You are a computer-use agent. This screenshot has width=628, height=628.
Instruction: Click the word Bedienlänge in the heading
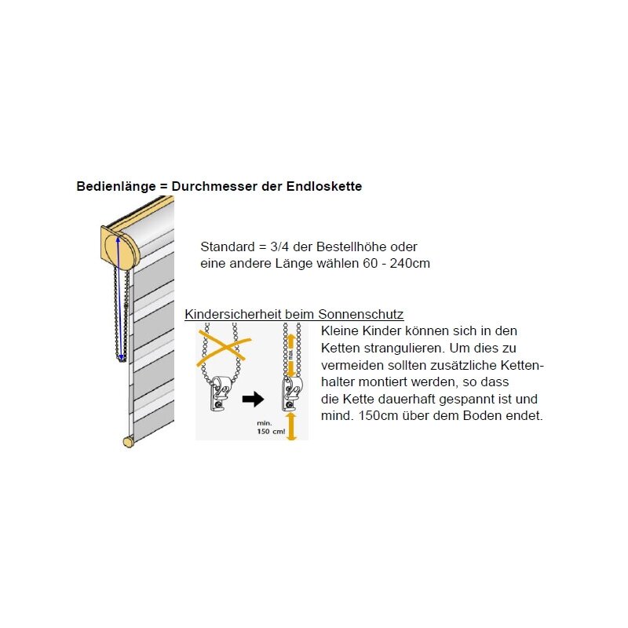click(110, 187)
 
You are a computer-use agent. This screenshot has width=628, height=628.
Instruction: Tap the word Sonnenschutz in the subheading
click(366, 315)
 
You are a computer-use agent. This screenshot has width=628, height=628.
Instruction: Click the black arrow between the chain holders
click(252, 400)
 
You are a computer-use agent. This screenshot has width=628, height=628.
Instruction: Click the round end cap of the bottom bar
click(128, 442)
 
